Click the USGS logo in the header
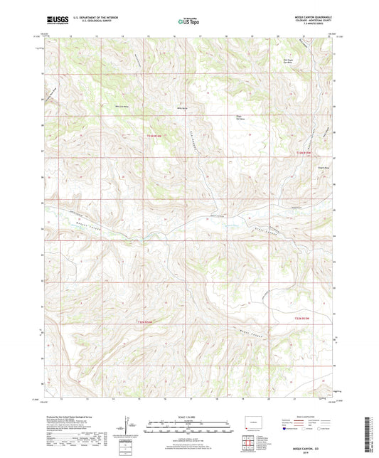(x=55, y=21)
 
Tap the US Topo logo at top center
(x=188, y=21)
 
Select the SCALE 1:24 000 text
(x=188, y=417)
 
